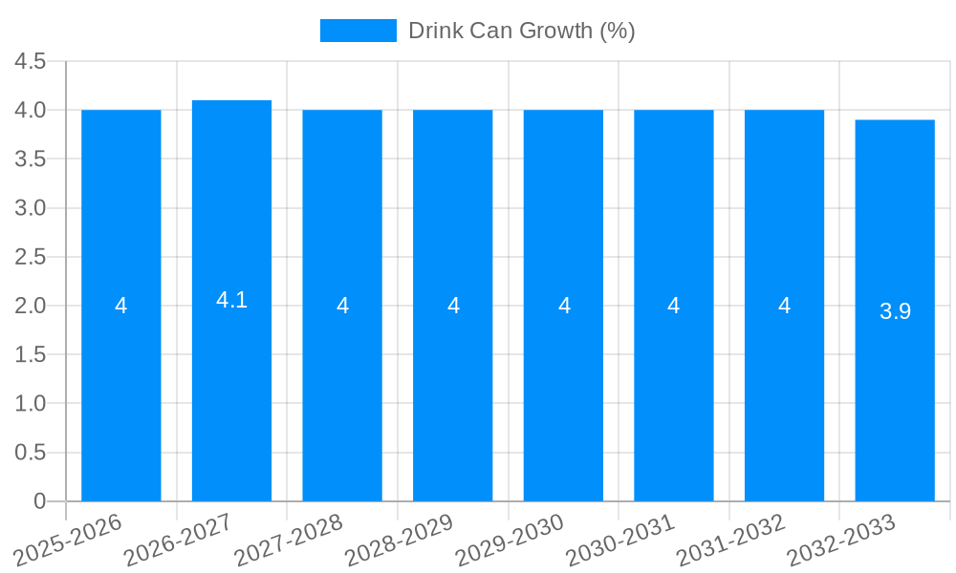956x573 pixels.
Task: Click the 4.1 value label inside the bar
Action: (231, 300)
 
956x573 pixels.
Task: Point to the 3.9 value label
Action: (895, 311)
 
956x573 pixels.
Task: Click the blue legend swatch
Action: (358, 31)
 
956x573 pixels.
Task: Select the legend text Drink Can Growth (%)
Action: (521, 31)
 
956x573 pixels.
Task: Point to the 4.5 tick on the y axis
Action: (30, 61)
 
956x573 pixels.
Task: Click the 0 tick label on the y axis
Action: (39, 501)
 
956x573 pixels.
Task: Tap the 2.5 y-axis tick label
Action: (30, 257)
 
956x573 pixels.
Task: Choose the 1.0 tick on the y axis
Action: (30, 403)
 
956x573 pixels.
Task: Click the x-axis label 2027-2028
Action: (288, 541)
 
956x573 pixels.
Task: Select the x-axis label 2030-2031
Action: (619, 541)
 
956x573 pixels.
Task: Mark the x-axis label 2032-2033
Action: (840, 541)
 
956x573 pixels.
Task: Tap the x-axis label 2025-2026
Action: (67, 541)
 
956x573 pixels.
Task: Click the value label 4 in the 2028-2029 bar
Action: (453, 306)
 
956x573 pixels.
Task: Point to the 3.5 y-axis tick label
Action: (30, 159)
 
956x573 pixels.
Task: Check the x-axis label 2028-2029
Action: (399, 541)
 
